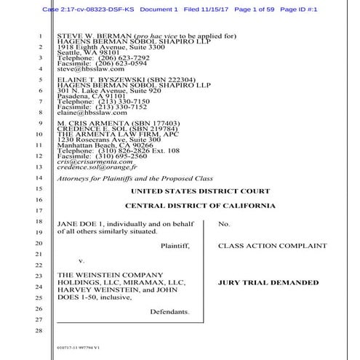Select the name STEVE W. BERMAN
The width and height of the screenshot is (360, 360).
(x=81, y=35)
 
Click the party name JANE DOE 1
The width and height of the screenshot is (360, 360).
(x=76, y=223)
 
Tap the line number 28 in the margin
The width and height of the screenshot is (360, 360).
(x=38, y=332)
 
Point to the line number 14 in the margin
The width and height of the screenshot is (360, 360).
(x=38, y=177)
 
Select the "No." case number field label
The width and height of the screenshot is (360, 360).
(x=224, y=223)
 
